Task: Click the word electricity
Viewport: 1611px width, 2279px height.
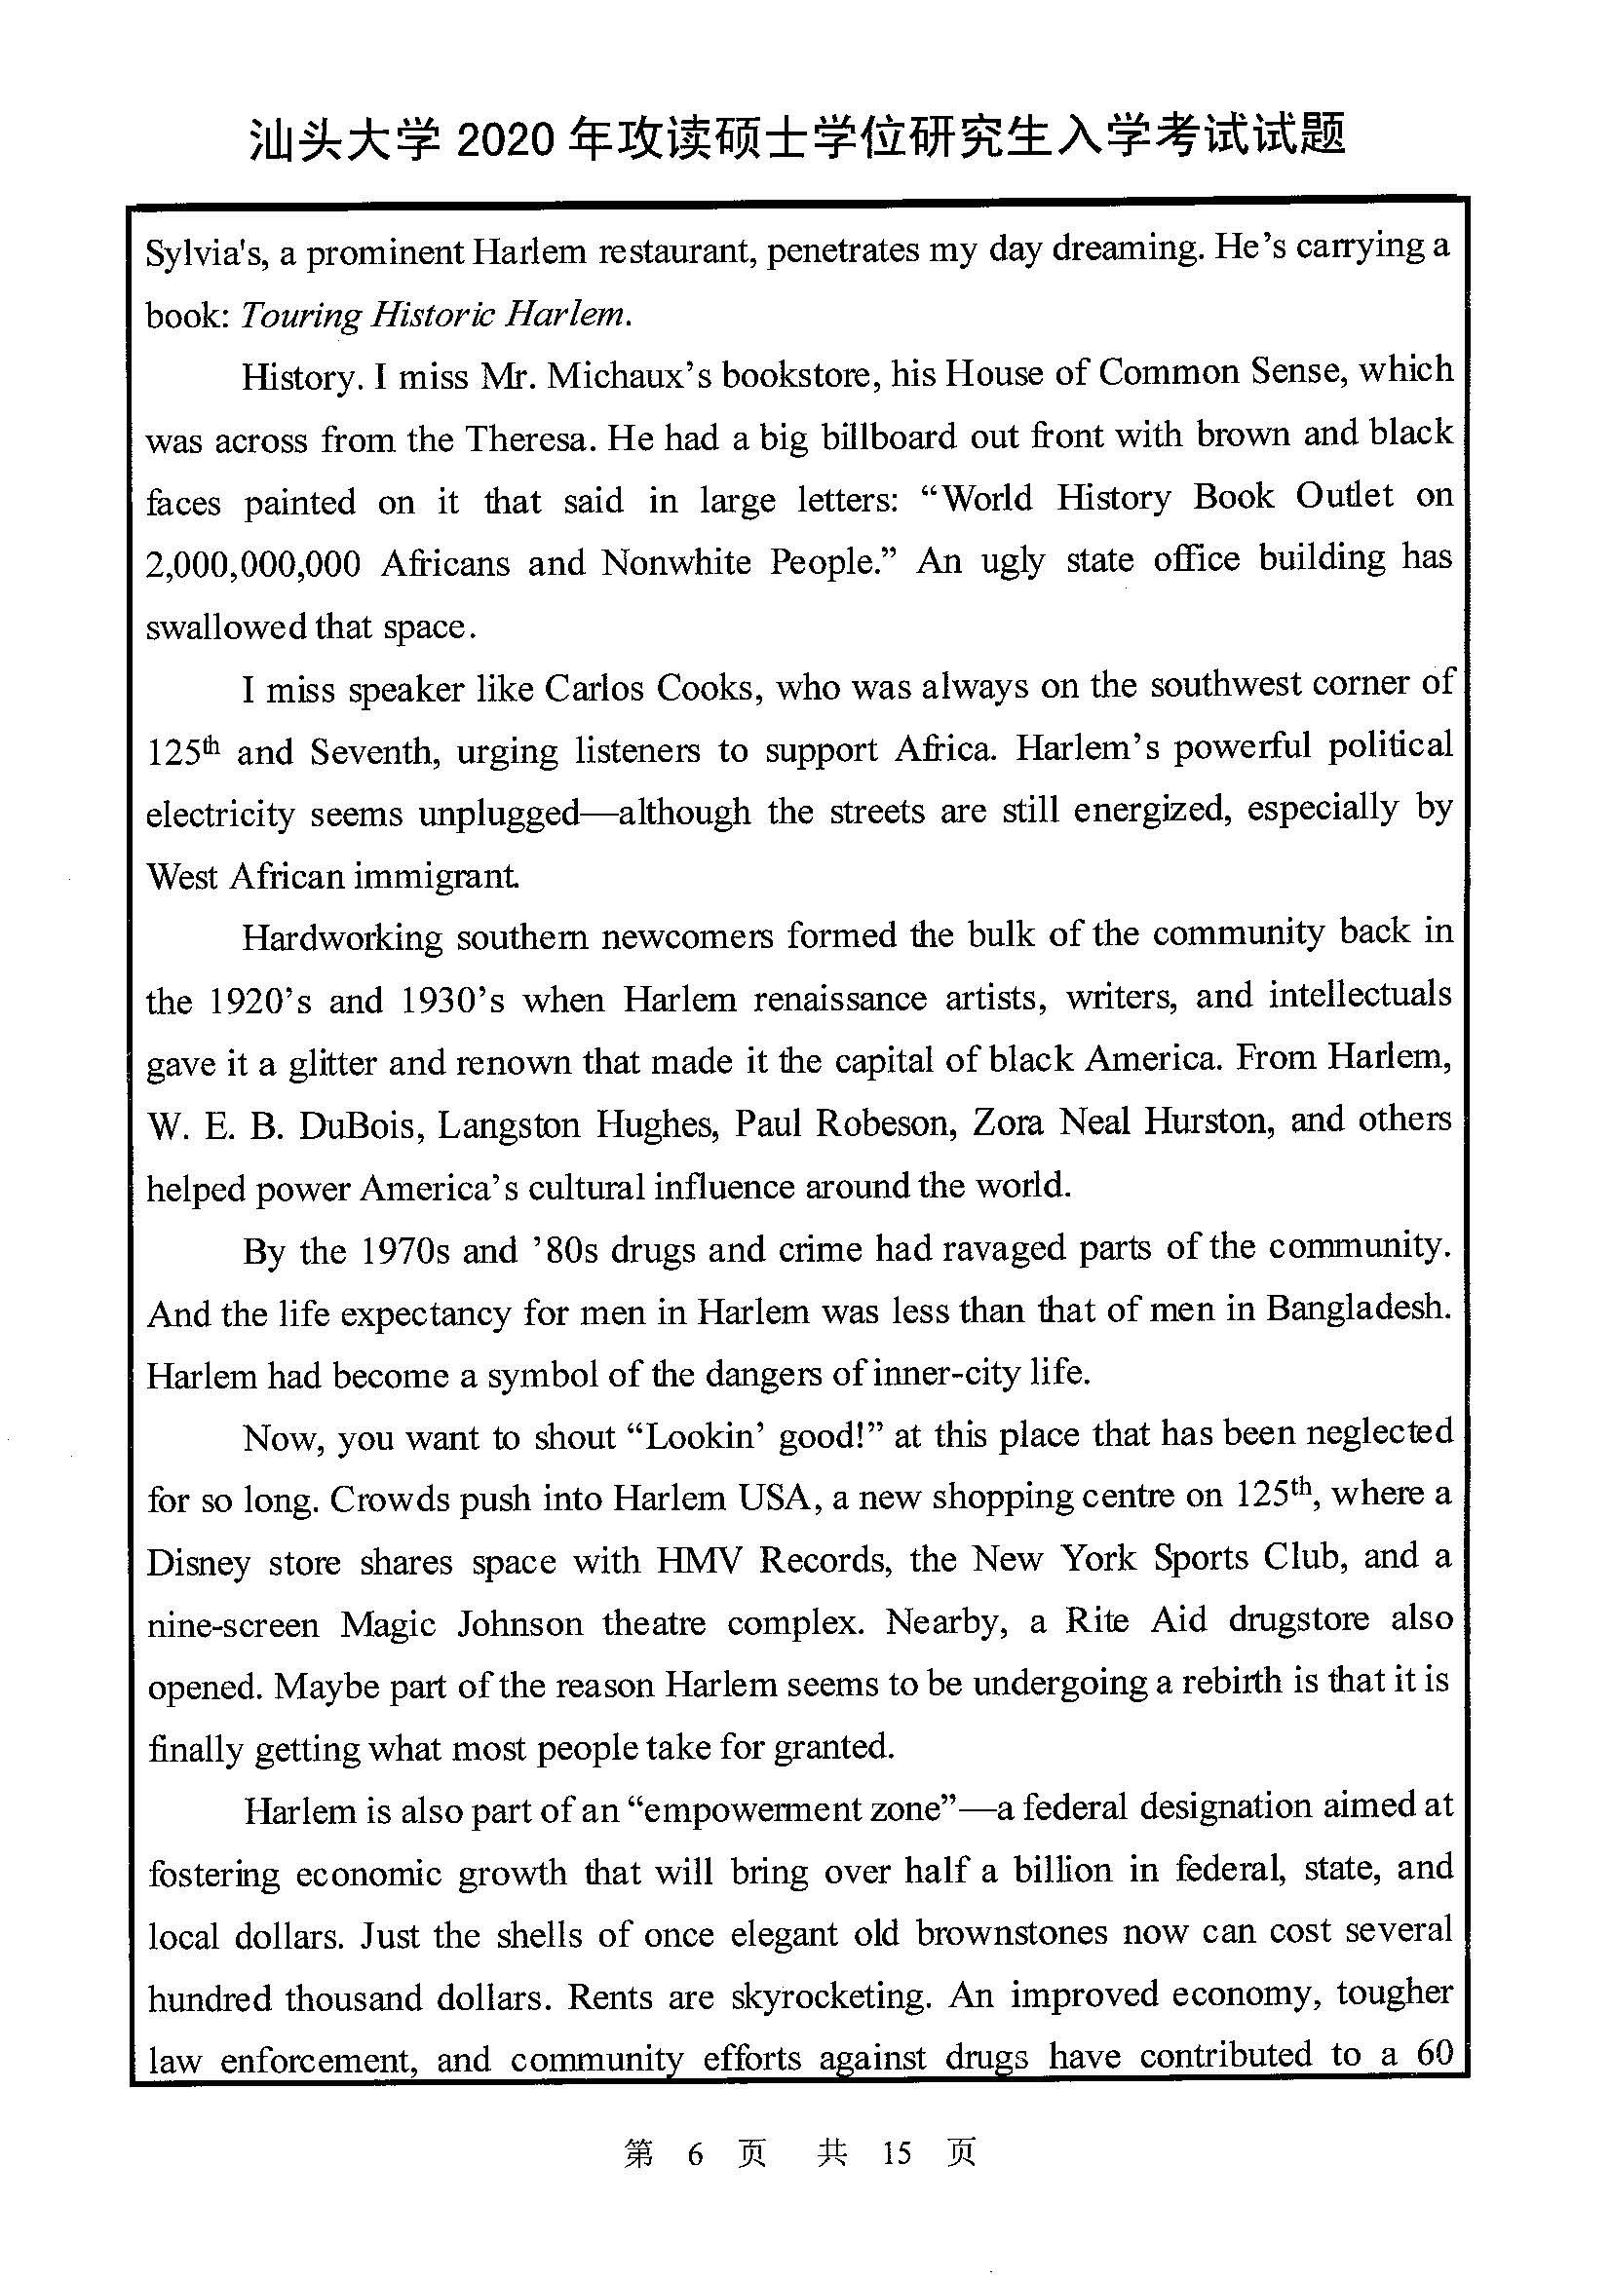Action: (x=220, y=815)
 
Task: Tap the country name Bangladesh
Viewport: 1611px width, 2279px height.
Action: (x=1357, y=1311)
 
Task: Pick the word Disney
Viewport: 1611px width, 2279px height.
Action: (x=199, y=1563)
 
